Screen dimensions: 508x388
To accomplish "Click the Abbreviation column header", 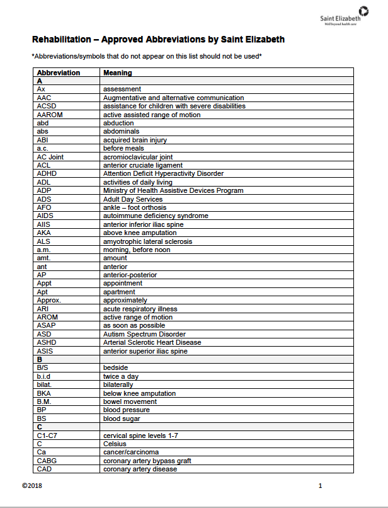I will [x=59, y=72].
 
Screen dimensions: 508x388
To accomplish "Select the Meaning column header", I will [x=118, y=72].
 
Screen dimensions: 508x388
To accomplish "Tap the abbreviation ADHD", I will [x=47, y=173].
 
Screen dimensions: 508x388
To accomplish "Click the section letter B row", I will [x=40, y=359].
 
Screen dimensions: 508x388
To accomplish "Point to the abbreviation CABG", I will [x=47, y=461].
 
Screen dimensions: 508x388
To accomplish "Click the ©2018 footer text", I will [x=32, y=486].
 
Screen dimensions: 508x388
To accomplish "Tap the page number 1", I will [x=320, y=486].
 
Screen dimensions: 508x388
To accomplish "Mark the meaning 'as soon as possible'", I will [x=135, y=326].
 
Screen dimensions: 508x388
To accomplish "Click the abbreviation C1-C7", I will [x=47, y=436].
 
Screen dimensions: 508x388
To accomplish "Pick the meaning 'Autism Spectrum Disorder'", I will [x=144, y=334].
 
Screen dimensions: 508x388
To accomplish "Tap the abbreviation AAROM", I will [x=50, y=115].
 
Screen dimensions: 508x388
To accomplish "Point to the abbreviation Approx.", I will [x=48, y=301].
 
